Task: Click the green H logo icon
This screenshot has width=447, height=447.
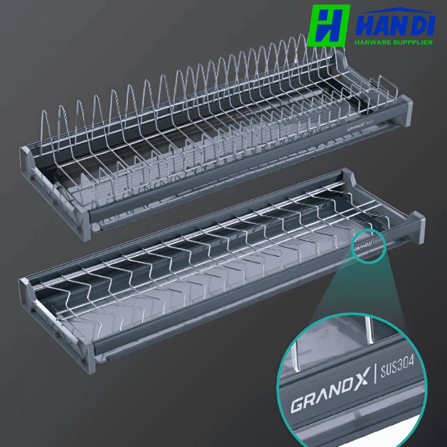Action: pos(328,26)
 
